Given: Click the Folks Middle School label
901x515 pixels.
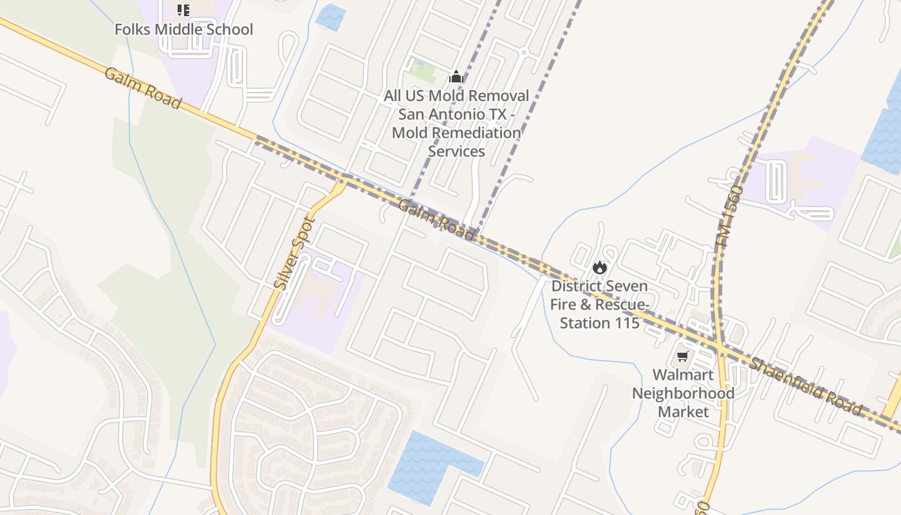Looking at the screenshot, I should coord(184,30).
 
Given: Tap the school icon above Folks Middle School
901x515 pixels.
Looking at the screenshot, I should coord(183,10).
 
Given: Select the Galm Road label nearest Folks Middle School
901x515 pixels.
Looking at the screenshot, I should coord(142,88).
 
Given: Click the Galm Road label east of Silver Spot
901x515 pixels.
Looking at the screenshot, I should coord(437,221).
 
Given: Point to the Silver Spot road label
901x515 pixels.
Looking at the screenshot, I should coord(294,252).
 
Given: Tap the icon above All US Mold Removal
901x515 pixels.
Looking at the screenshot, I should coord(456,77).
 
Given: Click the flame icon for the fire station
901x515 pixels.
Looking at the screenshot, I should coord(600,267).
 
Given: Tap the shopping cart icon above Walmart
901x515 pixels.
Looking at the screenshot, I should coord(683,356).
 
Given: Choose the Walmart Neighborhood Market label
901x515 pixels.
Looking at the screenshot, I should coord(683,393).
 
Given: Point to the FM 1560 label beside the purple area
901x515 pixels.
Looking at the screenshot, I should coord(728,216).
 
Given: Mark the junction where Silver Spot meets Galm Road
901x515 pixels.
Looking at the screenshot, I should coord(342,181).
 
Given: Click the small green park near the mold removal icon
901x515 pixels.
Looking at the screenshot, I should coord(423,71).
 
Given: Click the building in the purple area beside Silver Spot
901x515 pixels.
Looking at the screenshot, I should coord(320,293).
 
